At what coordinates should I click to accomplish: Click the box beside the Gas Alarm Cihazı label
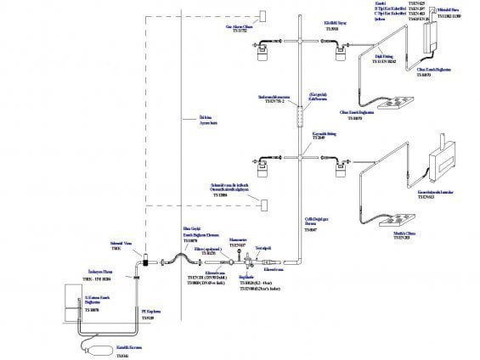(x=264, y=16)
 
